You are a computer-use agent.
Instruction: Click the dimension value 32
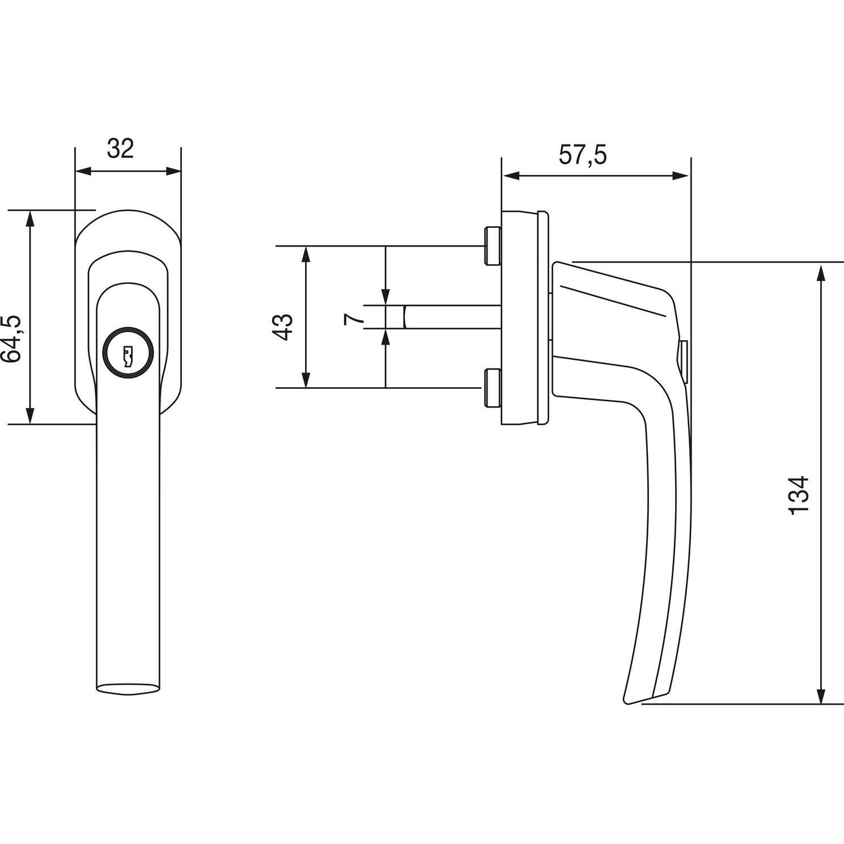pos(120,149)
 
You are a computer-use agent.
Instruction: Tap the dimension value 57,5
pos(583,155)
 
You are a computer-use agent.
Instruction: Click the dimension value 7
pos(353,318)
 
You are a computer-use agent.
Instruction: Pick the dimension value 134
pos(798,495)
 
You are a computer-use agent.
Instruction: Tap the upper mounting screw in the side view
pos(491,245)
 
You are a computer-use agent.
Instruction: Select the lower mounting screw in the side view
pos(491,388)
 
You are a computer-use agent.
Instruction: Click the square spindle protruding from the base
pos(451,317)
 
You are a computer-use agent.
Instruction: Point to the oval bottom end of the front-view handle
pos(127,688)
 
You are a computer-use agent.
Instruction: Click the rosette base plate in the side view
pos(524,317)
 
